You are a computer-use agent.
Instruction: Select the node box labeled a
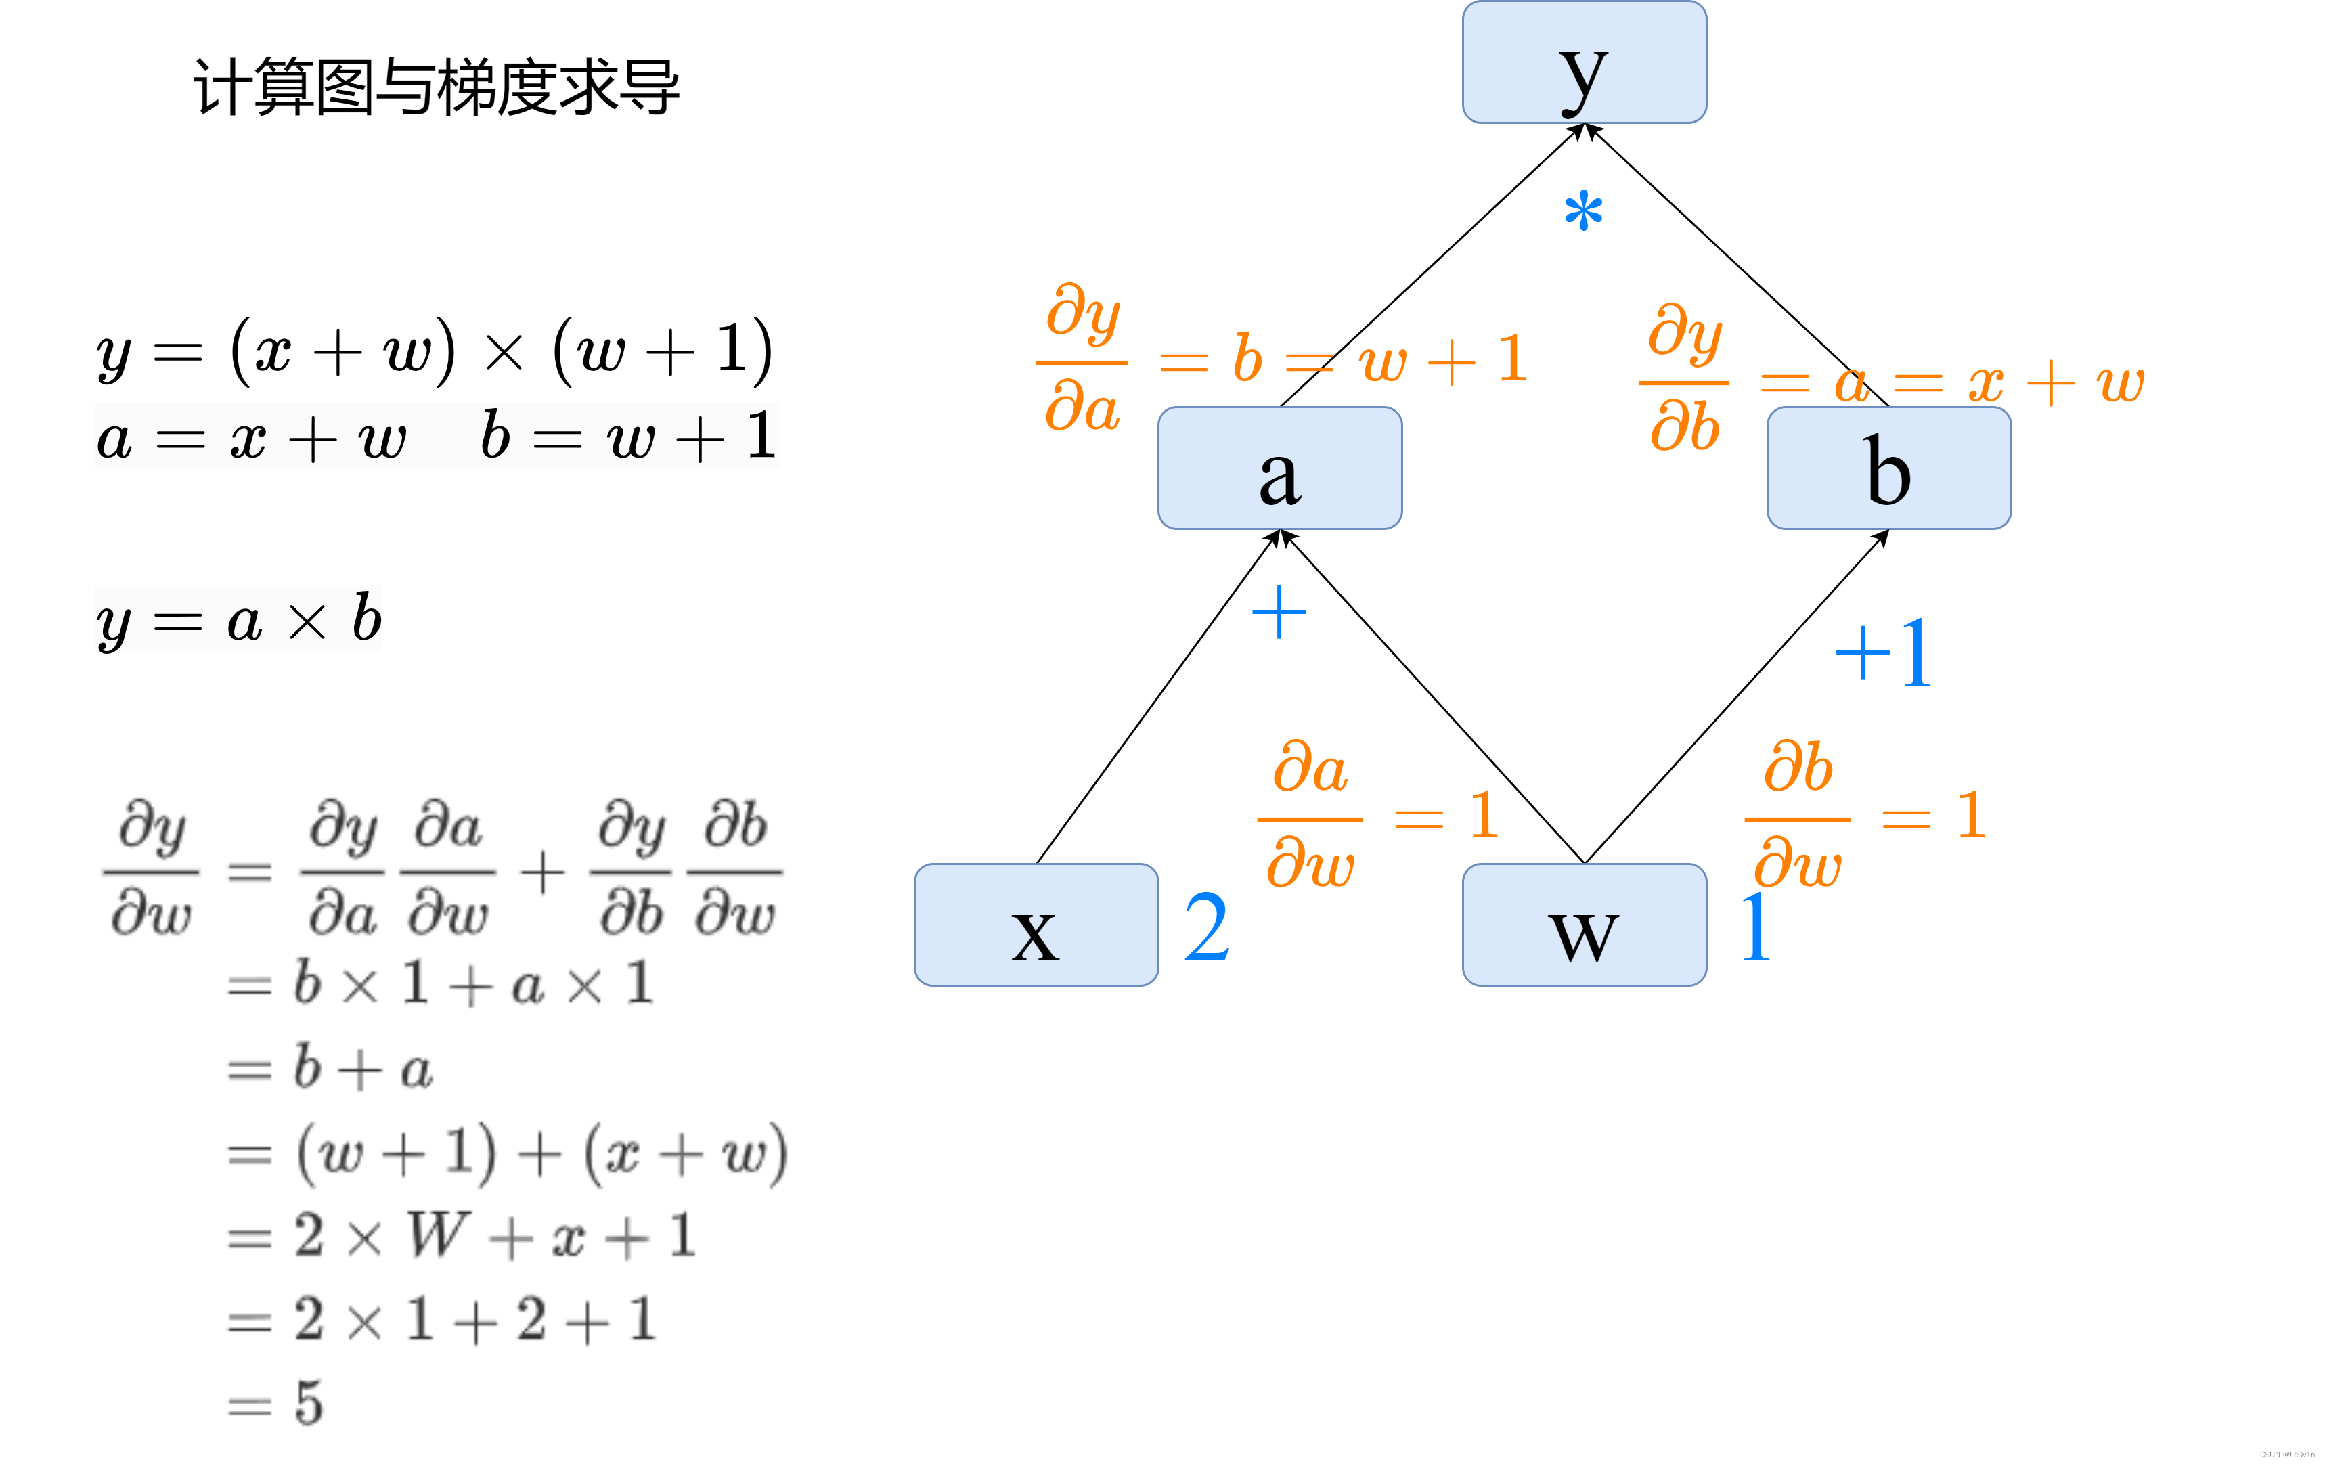pos(1279,468)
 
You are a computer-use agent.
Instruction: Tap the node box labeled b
pos(1888,468)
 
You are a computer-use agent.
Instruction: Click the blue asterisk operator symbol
pos(1583,211)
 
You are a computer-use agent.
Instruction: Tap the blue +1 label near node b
pos(1883,654)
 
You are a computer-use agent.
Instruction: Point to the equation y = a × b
pos(240,619)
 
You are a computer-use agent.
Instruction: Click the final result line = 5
pos(275,1403)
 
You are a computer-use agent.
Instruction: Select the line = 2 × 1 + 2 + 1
pos(442,1319)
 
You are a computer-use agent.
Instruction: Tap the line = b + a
pos(330,1068)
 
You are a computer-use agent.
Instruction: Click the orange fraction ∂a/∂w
pos(1310,816)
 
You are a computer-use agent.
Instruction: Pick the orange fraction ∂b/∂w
pos(1798,816)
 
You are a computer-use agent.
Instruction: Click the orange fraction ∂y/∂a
pos(1082,359)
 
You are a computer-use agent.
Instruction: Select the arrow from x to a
pos(1157,697)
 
